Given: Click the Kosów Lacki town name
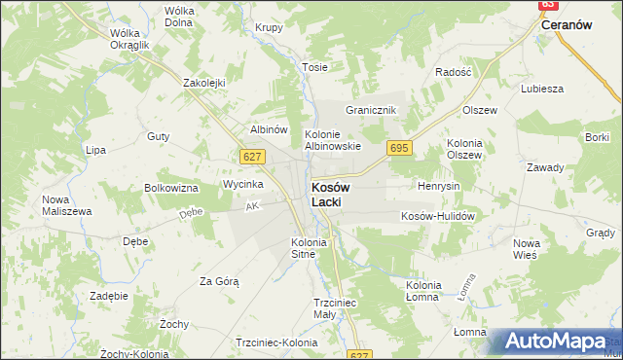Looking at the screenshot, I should (331, 194).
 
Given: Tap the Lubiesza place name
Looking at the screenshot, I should (542, 89).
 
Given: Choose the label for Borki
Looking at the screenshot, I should (597, 138).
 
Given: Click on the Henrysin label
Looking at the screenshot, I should (438, 185).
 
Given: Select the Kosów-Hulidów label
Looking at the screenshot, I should (437, 216).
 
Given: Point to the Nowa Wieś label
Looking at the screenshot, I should (526, 248).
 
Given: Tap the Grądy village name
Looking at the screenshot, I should (601, 233).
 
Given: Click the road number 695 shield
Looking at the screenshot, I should (398, 148).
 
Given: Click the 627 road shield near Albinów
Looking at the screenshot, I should (251, 156).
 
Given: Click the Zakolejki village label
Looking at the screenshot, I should (204, 83).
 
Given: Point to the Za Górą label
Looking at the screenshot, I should (219, 281).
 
